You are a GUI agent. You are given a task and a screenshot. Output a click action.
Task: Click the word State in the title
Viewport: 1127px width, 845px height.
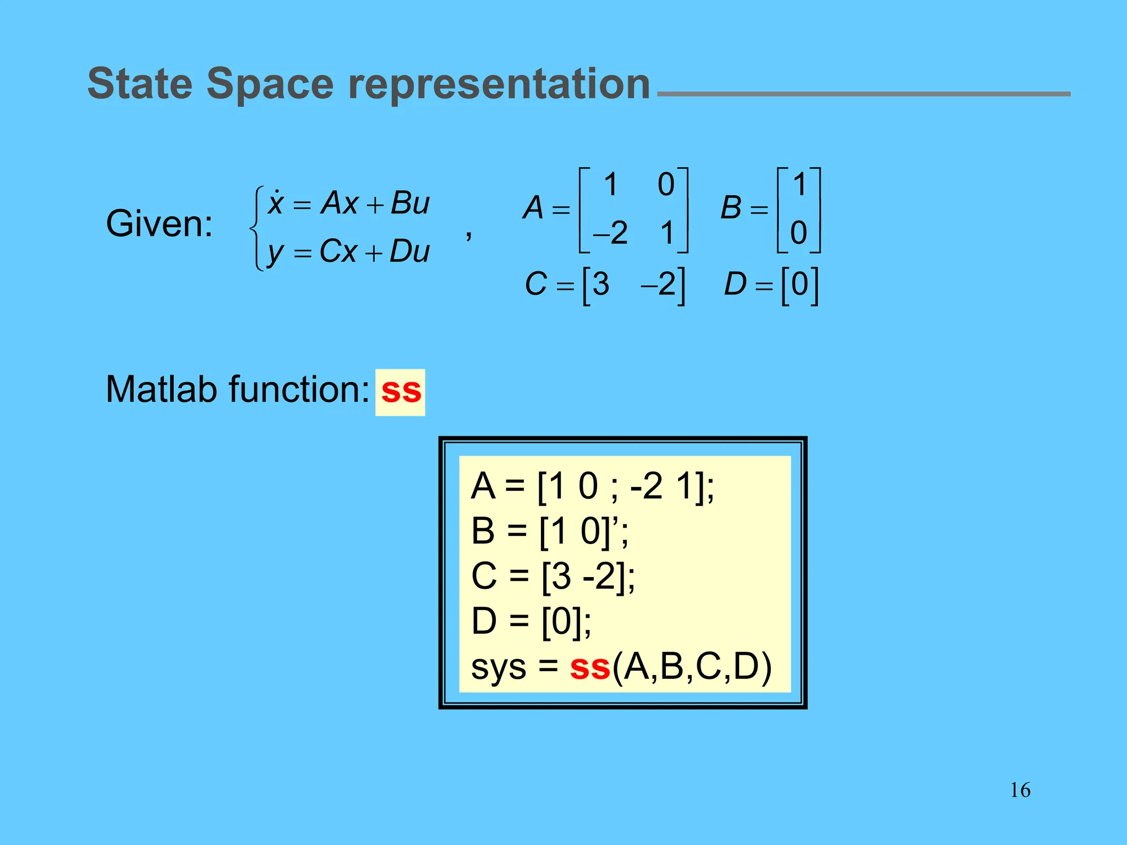(x=140, y=84)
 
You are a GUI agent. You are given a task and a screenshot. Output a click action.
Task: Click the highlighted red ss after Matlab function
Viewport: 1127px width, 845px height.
(x=401, y=391)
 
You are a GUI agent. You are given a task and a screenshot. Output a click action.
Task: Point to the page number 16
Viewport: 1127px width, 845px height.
(x=1020, y=790)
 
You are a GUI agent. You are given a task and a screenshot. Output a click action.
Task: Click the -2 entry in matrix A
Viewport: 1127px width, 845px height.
(x=610, y=233)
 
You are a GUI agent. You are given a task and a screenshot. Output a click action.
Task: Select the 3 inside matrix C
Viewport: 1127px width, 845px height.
(x=601, y=284)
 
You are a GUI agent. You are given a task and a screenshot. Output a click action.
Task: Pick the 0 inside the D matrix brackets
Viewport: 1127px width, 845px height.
(x=800, y=284)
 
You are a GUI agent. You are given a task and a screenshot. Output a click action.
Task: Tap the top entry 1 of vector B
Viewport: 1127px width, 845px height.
(x=800, y=184)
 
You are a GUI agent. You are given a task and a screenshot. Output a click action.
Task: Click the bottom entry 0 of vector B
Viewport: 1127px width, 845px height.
(x=798, y=233)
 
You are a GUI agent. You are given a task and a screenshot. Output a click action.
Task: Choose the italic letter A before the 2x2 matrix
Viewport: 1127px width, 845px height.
(x=533, y=208)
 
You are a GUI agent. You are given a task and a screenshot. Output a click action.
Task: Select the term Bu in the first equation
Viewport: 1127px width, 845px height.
(x=410, y=202)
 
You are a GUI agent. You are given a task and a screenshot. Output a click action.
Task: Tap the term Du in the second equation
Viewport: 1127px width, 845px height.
(x=409, y=252)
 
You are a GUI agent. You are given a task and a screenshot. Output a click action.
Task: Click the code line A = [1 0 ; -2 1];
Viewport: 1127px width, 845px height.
(x=593, y=486)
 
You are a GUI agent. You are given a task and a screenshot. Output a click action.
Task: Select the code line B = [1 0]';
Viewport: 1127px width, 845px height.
(x=550, y=531)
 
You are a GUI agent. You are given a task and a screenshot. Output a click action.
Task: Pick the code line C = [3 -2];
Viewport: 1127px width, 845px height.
(x=553, y=577)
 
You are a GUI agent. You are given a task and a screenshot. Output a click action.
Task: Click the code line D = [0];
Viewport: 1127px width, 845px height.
(x=532, y=622)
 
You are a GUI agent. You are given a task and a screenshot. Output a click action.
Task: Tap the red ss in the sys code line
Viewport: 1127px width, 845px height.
(x=590, y=667)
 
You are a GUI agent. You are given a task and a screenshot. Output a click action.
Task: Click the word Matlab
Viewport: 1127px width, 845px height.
(x=163, y=389)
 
